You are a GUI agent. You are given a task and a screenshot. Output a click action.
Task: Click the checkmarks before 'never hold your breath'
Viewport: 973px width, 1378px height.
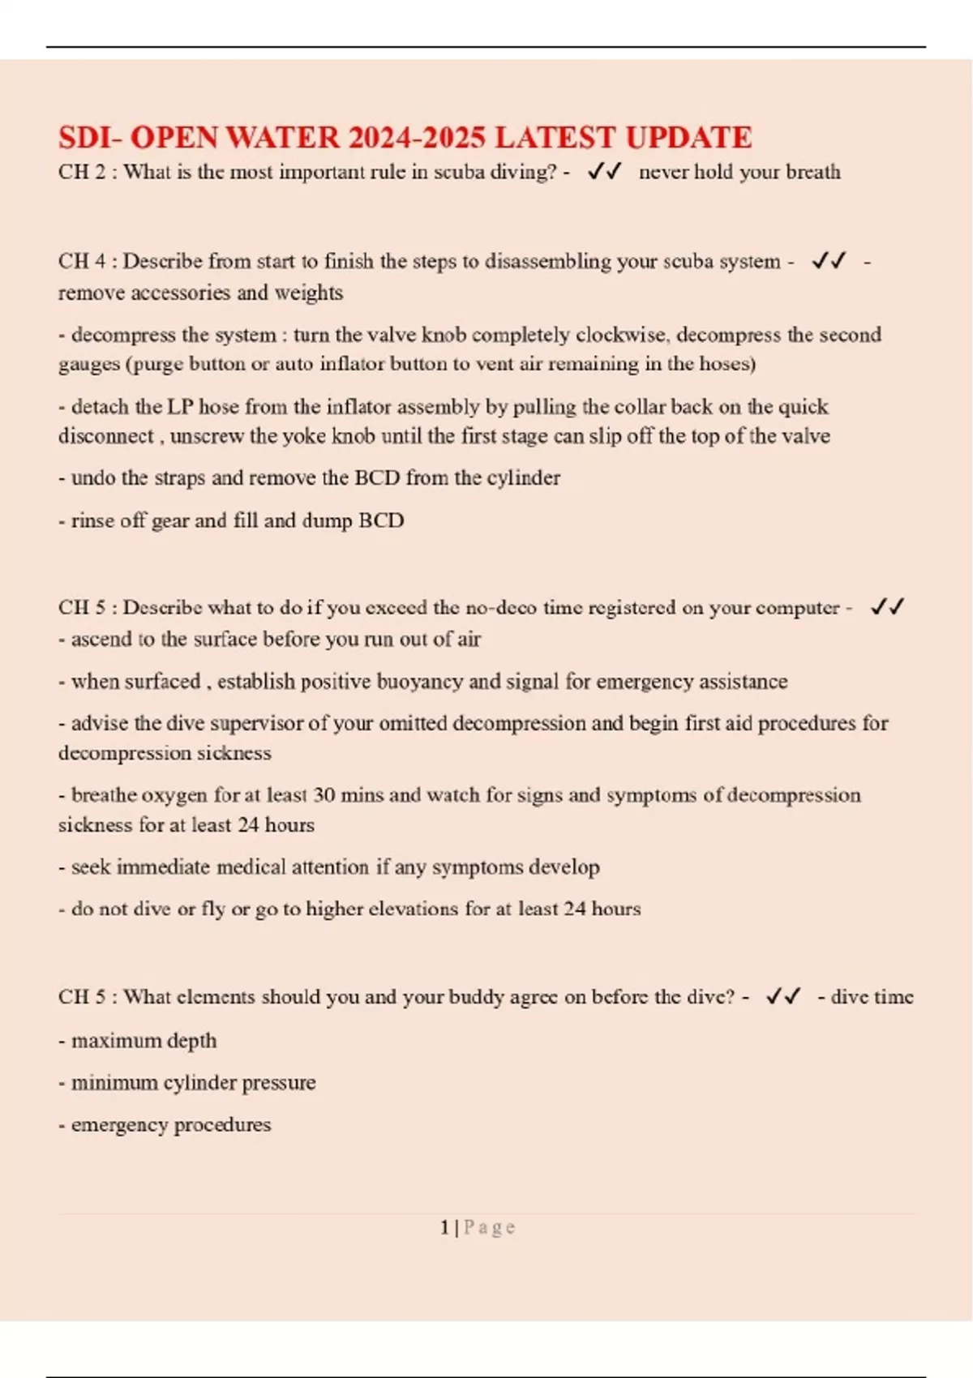point(604,171)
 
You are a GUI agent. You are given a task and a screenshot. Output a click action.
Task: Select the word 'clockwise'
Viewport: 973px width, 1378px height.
point(622,335)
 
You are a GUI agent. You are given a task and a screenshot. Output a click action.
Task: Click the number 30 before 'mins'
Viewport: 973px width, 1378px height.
point(324,795)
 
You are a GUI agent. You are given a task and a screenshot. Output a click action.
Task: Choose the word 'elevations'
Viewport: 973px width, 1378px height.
point(413,909)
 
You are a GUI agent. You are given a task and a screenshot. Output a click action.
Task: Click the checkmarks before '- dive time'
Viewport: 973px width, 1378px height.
point(783,996)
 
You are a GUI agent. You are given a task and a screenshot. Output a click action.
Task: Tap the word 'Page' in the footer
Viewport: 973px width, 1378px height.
point(489,1228)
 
